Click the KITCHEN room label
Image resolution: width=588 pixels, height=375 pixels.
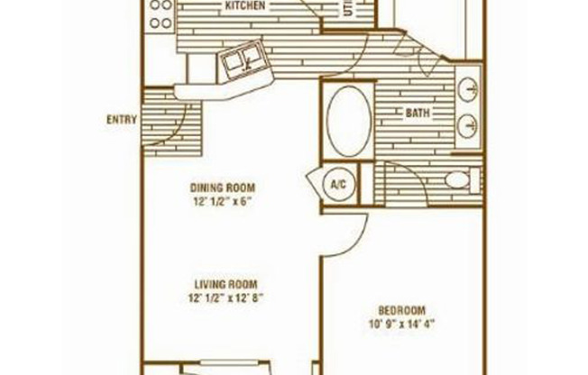[x=244, y=6]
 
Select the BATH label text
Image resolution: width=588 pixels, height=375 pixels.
[x=417, y=114]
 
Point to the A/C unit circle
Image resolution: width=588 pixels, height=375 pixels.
[x=339, y=186]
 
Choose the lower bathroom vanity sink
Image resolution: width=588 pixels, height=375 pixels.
[x=467, y=126]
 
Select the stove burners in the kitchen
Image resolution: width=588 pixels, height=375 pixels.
[x=161, y=14]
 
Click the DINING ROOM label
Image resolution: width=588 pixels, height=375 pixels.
[x=218, y=188]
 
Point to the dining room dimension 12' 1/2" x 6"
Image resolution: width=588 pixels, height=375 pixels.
[x=218, y=202]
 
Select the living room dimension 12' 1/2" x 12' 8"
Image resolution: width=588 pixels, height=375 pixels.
[x=225, y=297]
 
